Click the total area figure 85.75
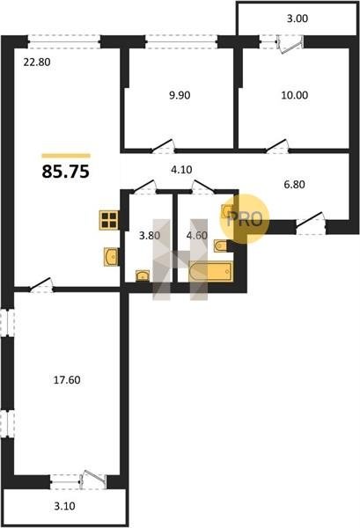[x=66, y=172]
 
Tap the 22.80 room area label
[x=37, y=62]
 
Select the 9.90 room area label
[x=180, y=95]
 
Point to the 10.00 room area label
[x=295, y=95]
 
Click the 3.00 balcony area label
[x=298, y=18]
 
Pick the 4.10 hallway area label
[x=181, y=170]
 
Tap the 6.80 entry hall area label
[x=294, y=185]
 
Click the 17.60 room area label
[x=67, y=380]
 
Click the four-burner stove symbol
[x=109, y=220]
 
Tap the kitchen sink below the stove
[x=112, y=257]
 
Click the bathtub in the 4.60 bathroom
[x=211, y=271]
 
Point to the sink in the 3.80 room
[x=143, y=275]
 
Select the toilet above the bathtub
[x=221, y=246]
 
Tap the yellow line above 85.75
[x=66, y=156]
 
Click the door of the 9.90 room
[x=164, y=146]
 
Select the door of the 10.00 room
[x=278, y=146]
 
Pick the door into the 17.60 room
[x=41, y=285]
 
